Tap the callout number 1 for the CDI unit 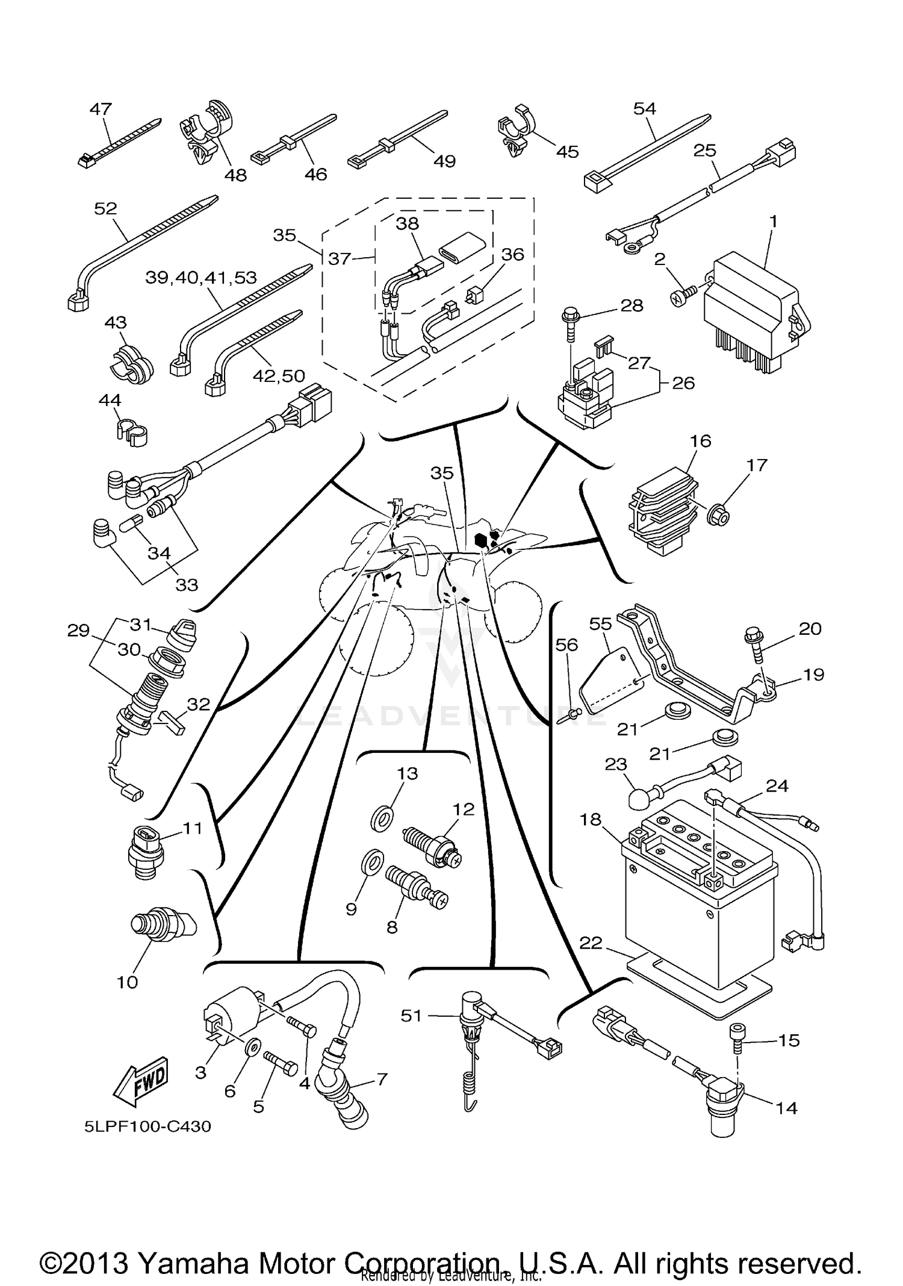pyautogui.click(x=774, y=222)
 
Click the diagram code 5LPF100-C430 pyautogui.click(x=147, y=1126)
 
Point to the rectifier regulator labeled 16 pyautogui.click(x=662, y=512)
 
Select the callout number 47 pyautogui.click(x=101, y=109)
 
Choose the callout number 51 pyautogui.click(x=411, y=1016)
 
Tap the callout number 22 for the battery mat pyautogui.click(x=591, y=943)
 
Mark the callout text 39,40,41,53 pyautogui.click(x=201, y=278)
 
